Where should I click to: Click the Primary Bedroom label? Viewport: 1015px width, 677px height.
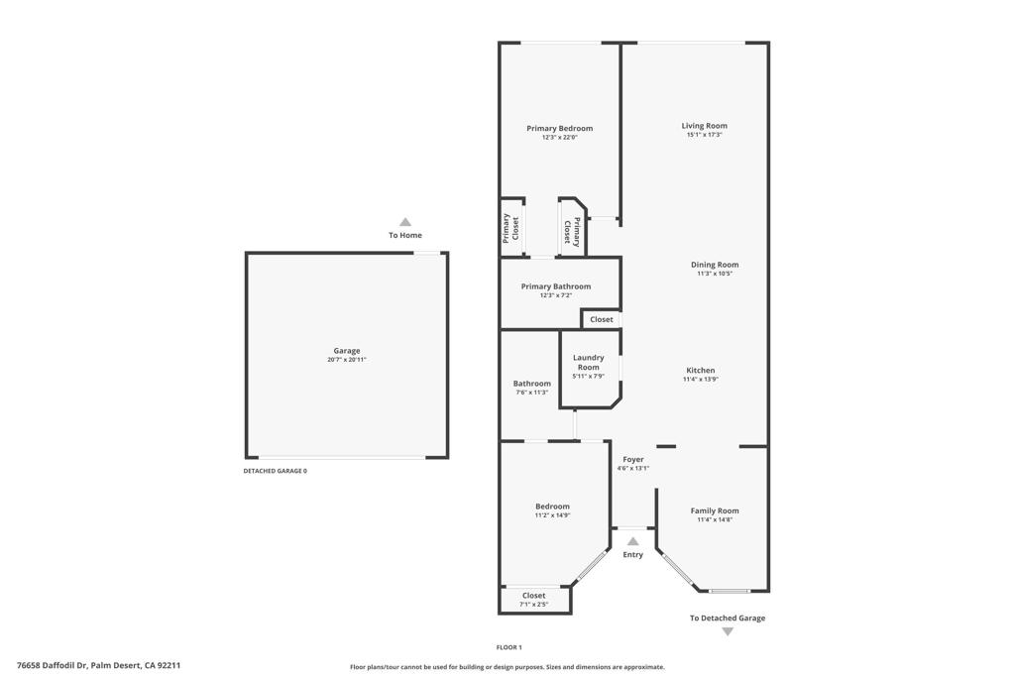tap(559, 128)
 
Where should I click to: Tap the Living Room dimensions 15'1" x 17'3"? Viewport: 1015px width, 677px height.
tap(704, 135)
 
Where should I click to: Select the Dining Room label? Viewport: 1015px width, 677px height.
tap(715, 265)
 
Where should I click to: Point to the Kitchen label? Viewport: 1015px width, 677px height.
tap(700, 370)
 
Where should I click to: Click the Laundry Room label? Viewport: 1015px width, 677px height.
tap(589, 362)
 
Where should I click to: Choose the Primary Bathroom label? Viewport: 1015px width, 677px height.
tap(555, 286)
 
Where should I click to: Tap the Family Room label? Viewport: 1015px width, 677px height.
tap(715, 510)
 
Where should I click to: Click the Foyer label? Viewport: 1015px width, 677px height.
tap(632, 459)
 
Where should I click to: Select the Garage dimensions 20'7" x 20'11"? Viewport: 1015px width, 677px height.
tap(347, 360)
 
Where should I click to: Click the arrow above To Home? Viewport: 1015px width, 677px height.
tap(404, 222)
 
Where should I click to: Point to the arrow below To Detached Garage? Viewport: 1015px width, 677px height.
tap(728, 631)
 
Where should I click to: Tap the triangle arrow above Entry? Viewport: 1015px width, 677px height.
tap(632, 541)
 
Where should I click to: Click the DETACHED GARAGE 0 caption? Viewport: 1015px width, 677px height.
tap(275, 471)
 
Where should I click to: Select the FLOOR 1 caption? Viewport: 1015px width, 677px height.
tap(508, 647)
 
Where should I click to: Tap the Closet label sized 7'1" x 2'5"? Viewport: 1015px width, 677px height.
tap(533, 596)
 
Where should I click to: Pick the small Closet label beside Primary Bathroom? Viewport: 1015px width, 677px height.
tap(602, 319)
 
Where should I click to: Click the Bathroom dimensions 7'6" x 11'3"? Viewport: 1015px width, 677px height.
tap(531, 393)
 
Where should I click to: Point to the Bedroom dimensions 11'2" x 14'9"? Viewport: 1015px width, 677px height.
tap(552, 515)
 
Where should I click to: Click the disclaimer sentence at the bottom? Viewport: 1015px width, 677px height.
tap(507, 667)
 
